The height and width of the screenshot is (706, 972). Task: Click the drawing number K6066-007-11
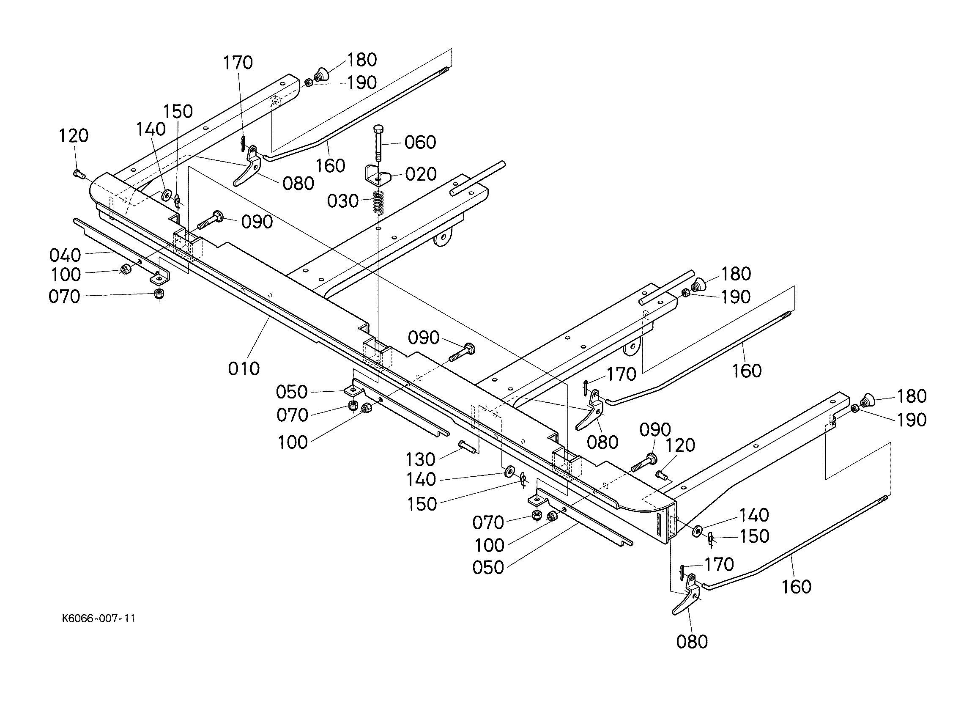click(x=99, y=618)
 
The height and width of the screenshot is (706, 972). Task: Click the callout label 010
click(x=244, y=368)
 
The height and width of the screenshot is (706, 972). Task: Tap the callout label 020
click(x=421, y=174)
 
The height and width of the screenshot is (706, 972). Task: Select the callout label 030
click(x=343, y=201)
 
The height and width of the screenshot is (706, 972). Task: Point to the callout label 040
click(x=65, y=255)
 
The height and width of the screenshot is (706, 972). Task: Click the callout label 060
click(x=420, y=142)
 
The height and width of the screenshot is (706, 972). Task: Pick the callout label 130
click(x=420, y=459)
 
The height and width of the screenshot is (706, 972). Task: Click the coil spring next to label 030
click(x=377, y=202)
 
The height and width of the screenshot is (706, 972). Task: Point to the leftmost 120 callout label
click(x=73, y=135)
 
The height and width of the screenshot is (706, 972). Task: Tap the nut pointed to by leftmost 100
click(x=125, y=270)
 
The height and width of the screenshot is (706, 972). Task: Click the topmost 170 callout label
click(x=238, y=63)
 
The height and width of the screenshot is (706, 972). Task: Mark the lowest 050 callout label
click(x=488, y=567)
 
